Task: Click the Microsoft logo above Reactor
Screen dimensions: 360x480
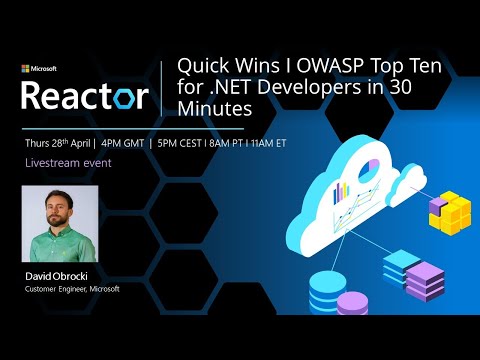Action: (x=39, y=69)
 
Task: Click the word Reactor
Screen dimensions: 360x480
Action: (x=85, y=97)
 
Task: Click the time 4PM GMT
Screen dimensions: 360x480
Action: (x=126, y=143)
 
